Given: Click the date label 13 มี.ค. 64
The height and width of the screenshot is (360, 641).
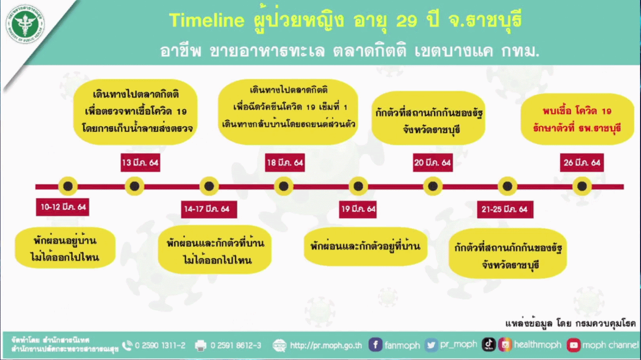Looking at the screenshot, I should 140,163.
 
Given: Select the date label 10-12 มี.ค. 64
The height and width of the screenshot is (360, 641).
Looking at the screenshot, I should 63,207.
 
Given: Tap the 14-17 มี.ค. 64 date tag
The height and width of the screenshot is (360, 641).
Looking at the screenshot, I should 208,209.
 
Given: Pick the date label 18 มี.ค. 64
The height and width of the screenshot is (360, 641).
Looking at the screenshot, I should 285,163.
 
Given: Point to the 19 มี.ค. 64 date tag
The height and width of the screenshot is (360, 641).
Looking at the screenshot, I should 358,209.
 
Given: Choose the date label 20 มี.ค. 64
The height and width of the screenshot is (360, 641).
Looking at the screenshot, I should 433,163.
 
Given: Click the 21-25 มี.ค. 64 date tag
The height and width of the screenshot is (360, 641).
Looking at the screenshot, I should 505,209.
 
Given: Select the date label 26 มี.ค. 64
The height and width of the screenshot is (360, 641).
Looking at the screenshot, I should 582,163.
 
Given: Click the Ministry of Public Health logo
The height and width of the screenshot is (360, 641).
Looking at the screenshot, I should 25,24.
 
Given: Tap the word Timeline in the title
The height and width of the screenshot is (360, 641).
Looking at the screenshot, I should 207,20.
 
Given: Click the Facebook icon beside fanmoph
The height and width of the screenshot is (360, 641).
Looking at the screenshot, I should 375,345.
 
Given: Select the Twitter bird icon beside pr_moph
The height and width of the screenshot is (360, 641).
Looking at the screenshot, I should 431,345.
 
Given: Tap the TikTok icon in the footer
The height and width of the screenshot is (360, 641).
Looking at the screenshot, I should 488,344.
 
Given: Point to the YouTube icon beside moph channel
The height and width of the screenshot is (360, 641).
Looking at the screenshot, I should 573,345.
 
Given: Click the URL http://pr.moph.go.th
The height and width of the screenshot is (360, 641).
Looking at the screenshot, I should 326,346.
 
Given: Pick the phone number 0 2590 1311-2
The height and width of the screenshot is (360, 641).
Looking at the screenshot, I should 160,346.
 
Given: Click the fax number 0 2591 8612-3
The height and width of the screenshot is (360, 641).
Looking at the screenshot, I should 236,346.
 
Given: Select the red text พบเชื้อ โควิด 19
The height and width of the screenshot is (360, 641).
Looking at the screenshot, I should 577,111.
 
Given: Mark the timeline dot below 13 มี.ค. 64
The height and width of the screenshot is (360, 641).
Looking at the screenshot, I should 135,186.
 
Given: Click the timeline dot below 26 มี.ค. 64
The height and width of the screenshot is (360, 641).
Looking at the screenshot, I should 582,186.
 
